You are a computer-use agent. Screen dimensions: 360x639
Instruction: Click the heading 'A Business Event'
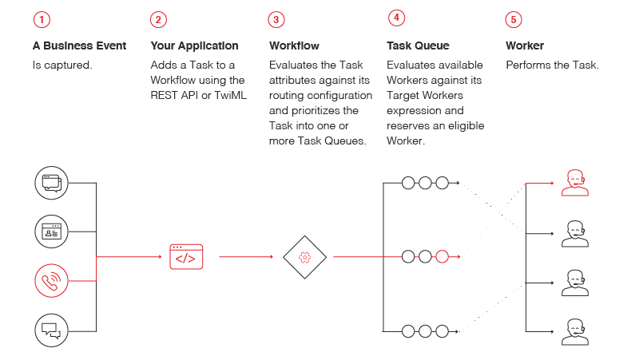click(79, 45)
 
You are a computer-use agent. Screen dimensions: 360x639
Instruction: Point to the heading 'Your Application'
click(194, 45)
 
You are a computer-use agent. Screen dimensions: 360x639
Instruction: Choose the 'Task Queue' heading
click(418, 45)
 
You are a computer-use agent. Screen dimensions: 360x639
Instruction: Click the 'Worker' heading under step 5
click(525, 45)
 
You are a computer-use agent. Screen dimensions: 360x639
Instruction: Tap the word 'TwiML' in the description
click(230, 95)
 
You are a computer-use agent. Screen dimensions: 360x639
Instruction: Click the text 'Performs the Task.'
click(552, 65)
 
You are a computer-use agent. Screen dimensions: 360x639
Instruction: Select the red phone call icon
click(51, 280)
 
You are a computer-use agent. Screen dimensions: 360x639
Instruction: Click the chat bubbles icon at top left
click(51, 183)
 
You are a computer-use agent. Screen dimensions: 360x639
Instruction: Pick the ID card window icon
click(51, 231)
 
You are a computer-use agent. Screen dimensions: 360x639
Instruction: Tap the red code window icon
click(186, 257)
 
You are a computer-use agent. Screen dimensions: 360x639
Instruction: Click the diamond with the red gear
click(304, 257)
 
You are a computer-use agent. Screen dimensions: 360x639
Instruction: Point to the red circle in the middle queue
click(442, 257)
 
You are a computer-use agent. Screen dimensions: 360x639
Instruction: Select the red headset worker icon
click(574, 183)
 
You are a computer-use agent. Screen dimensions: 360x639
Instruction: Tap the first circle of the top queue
click(408, 183)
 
